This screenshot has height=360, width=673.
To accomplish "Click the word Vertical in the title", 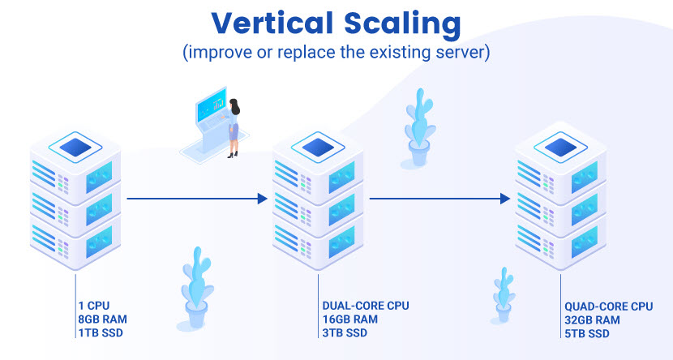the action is [272, 24].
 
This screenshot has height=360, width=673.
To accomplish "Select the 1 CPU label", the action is [94, 306].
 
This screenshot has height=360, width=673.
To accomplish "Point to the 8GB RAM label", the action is [103, 319].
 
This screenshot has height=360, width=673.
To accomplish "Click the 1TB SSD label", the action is [101, 333].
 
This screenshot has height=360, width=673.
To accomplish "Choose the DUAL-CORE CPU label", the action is [366, 306].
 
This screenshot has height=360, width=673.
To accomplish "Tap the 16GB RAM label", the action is [350, 319].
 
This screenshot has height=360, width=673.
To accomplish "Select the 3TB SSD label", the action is [345, 333].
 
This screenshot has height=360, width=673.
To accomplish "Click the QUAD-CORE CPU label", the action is [609, 306].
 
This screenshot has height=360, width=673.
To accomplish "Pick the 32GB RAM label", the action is [592, 320].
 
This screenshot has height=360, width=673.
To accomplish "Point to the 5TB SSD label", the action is [587, 334].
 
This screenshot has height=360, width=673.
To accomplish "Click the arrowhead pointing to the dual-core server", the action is [263, 199].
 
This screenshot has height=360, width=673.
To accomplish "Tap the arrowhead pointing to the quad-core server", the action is [505, 199].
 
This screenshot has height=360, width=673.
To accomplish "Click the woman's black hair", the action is [235, 106].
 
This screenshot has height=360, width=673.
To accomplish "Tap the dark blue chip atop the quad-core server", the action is [560, 148].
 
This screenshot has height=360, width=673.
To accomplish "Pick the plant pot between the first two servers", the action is [196, 313].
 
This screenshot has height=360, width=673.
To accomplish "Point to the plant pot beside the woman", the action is [419, 152].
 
